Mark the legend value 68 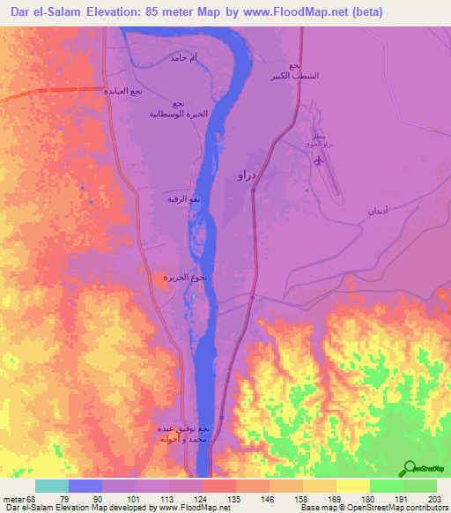click(36, 499)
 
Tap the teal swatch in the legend click(52, 486)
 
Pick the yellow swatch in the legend click(353, 486)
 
